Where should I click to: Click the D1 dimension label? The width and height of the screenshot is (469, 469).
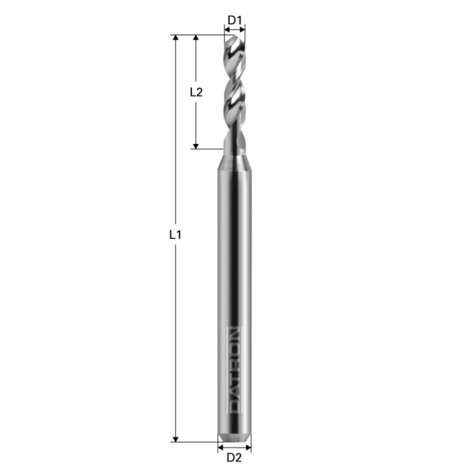click(x=234, y=20)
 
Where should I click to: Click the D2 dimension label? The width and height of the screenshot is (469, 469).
click(x=234, y=458)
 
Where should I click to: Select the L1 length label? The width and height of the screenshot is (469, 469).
click(x=176, y=235)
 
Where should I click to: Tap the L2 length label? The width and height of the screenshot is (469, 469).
click(x=196, y=92)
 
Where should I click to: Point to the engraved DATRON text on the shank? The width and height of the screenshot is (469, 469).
click(x=234, y=369)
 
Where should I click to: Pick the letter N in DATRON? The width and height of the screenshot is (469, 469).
click(x=234, y=333)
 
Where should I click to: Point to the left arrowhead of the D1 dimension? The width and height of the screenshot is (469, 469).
click(x=226, y=29)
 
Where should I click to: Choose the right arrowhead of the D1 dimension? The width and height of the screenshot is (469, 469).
click(x=243, y=29)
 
